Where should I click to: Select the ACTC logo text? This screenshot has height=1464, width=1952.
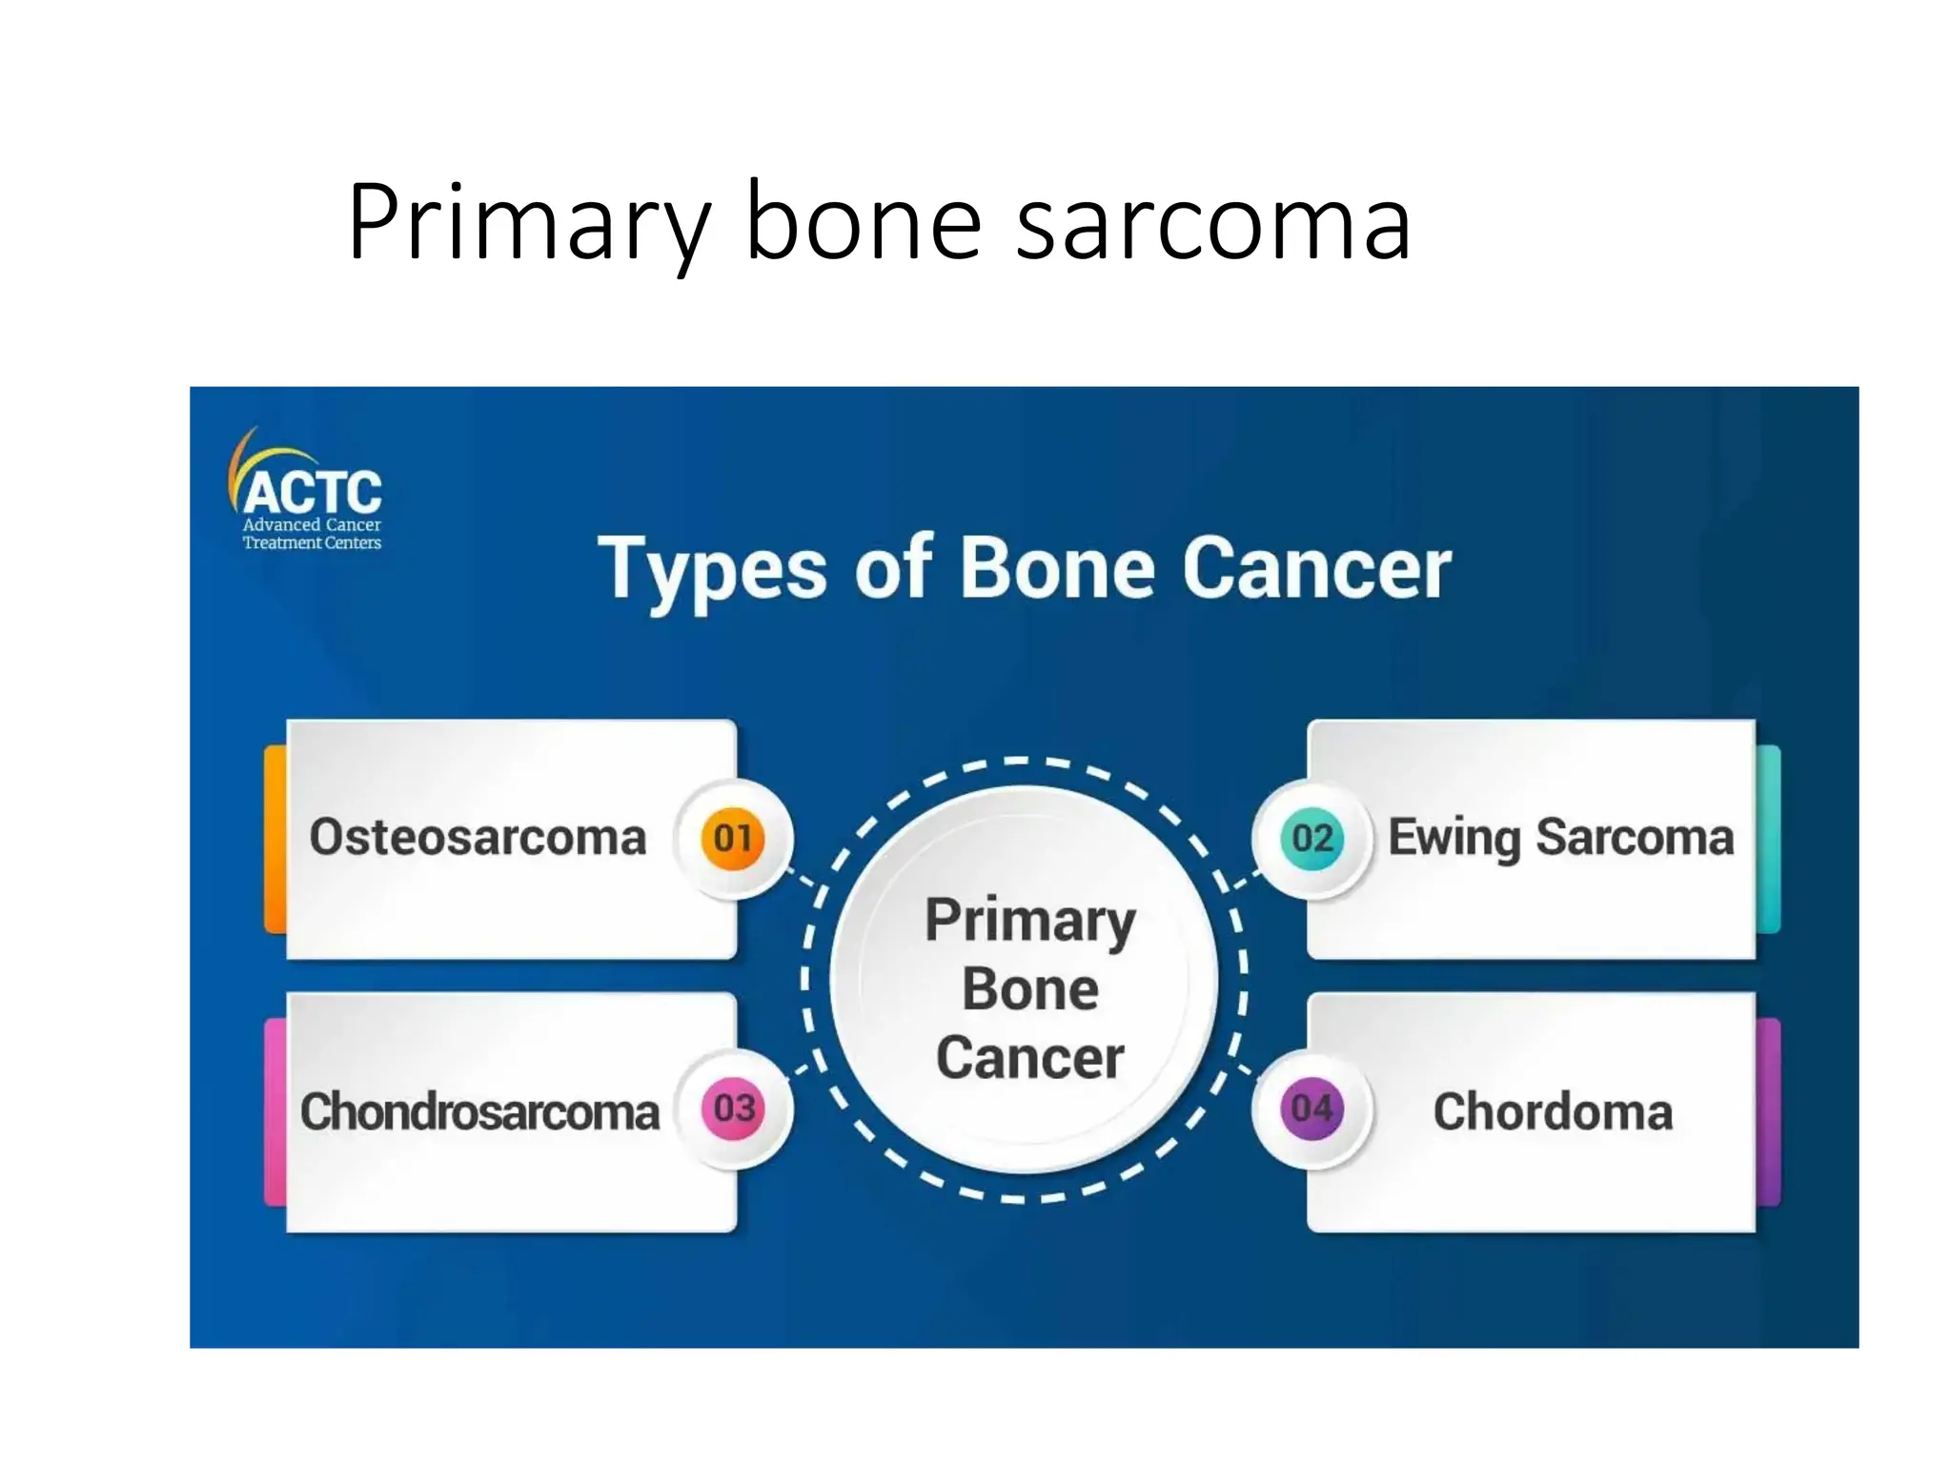[x=313, y=493]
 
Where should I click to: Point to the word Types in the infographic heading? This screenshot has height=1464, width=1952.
[x=712, y=570]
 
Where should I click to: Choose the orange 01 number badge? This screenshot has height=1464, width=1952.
[x=733, y=839]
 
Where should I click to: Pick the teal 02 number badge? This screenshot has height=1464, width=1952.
[x=1311, y=839]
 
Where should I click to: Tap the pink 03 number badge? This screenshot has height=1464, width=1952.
[x=733, y=1108]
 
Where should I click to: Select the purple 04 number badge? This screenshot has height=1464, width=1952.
[x=1311, y=1108]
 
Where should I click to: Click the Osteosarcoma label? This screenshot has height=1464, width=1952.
[x=478, y=838]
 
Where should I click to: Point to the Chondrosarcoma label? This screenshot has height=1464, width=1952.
[x=479, y=1111]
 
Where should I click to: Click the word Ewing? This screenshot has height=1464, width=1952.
[x=1454, y=839]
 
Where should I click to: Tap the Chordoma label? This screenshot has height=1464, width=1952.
[x=1553, y=1111]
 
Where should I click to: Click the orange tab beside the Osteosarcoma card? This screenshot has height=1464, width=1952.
[x=274, y=839]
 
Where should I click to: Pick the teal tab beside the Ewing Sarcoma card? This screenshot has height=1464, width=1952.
[x=1768, y=839]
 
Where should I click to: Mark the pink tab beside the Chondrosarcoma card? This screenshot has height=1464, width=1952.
[x=274, y=1111]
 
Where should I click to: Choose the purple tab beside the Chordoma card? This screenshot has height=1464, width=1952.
[x=1768, y=1111]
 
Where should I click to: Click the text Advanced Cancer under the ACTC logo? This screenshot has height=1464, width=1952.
[x=312, y=525]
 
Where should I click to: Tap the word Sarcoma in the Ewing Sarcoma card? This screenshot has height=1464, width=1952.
[x=1635, y=839]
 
